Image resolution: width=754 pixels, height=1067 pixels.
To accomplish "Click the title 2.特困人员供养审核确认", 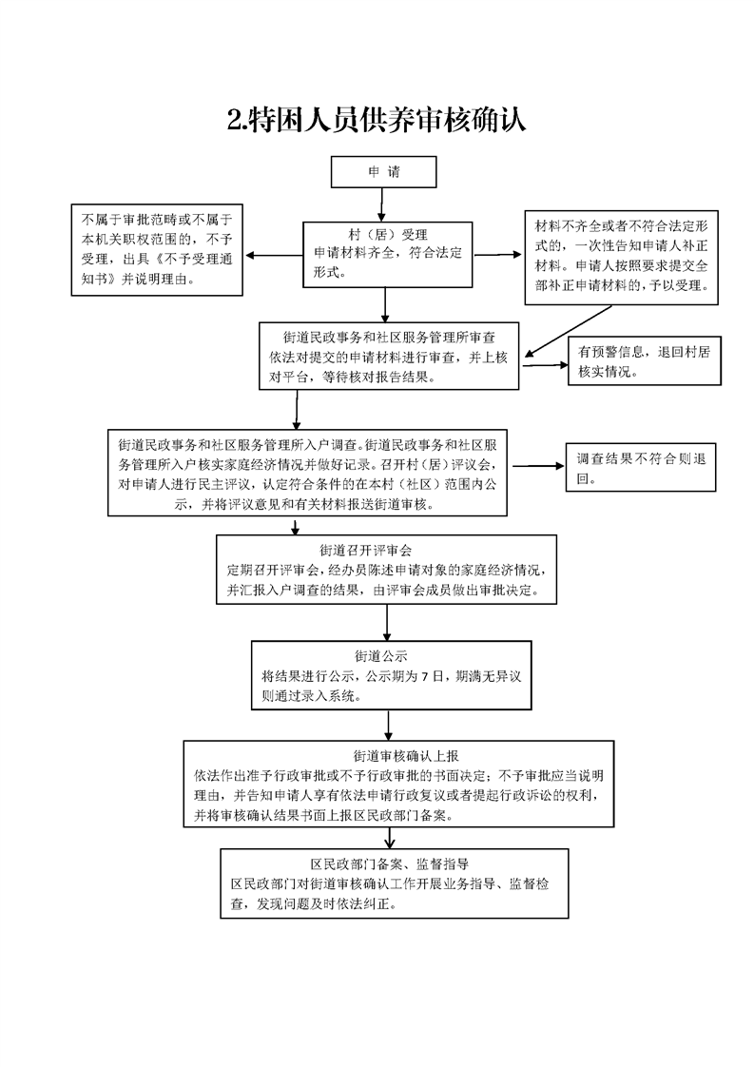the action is click(x=377, y=120).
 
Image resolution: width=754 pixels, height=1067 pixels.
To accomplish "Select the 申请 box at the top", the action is click(x=384, y=172).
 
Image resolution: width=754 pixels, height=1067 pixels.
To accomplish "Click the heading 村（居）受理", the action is click(x=388, y=235).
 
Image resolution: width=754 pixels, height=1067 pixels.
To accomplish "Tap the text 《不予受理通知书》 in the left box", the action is click(x=157, y=269).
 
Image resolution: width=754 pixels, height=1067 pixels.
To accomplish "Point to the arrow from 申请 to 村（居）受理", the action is click(x=382, y=204).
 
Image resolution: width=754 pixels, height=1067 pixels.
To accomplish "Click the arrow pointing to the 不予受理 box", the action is click(x=274, y=256).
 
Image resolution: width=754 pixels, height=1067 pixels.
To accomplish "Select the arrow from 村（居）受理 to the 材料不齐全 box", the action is click(x=497, y=255).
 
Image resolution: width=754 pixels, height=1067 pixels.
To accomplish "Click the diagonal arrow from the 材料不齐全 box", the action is click(x=568, y=331).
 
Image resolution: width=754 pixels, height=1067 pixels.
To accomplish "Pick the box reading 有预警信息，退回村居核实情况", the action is click(x=645, y=360).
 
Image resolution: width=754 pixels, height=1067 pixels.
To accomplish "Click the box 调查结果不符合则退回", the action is click(x=641, y=468).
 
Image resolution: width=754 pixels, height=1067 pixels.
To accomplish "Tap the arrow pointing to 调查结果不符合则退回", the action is click(x=538, y=466).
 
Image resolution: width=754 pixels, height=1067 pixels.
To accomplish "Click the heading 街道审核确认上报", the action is click(x=406, y=756).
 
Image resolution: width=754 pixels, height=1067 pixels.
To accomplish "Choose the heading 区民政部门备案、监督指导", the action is click(x=390, y=864).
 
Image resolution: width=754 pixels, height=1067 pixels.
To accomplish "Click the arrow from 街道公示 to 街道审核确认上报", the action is click(x=389, y=726).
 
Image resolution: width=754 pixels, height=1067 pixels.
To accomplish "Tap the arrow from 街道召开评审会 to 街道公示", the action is click(x=387, y=622).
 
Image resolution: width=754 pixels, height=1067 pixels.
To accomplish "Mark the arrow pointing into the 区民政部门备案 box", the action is click(x=390, y=839).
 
